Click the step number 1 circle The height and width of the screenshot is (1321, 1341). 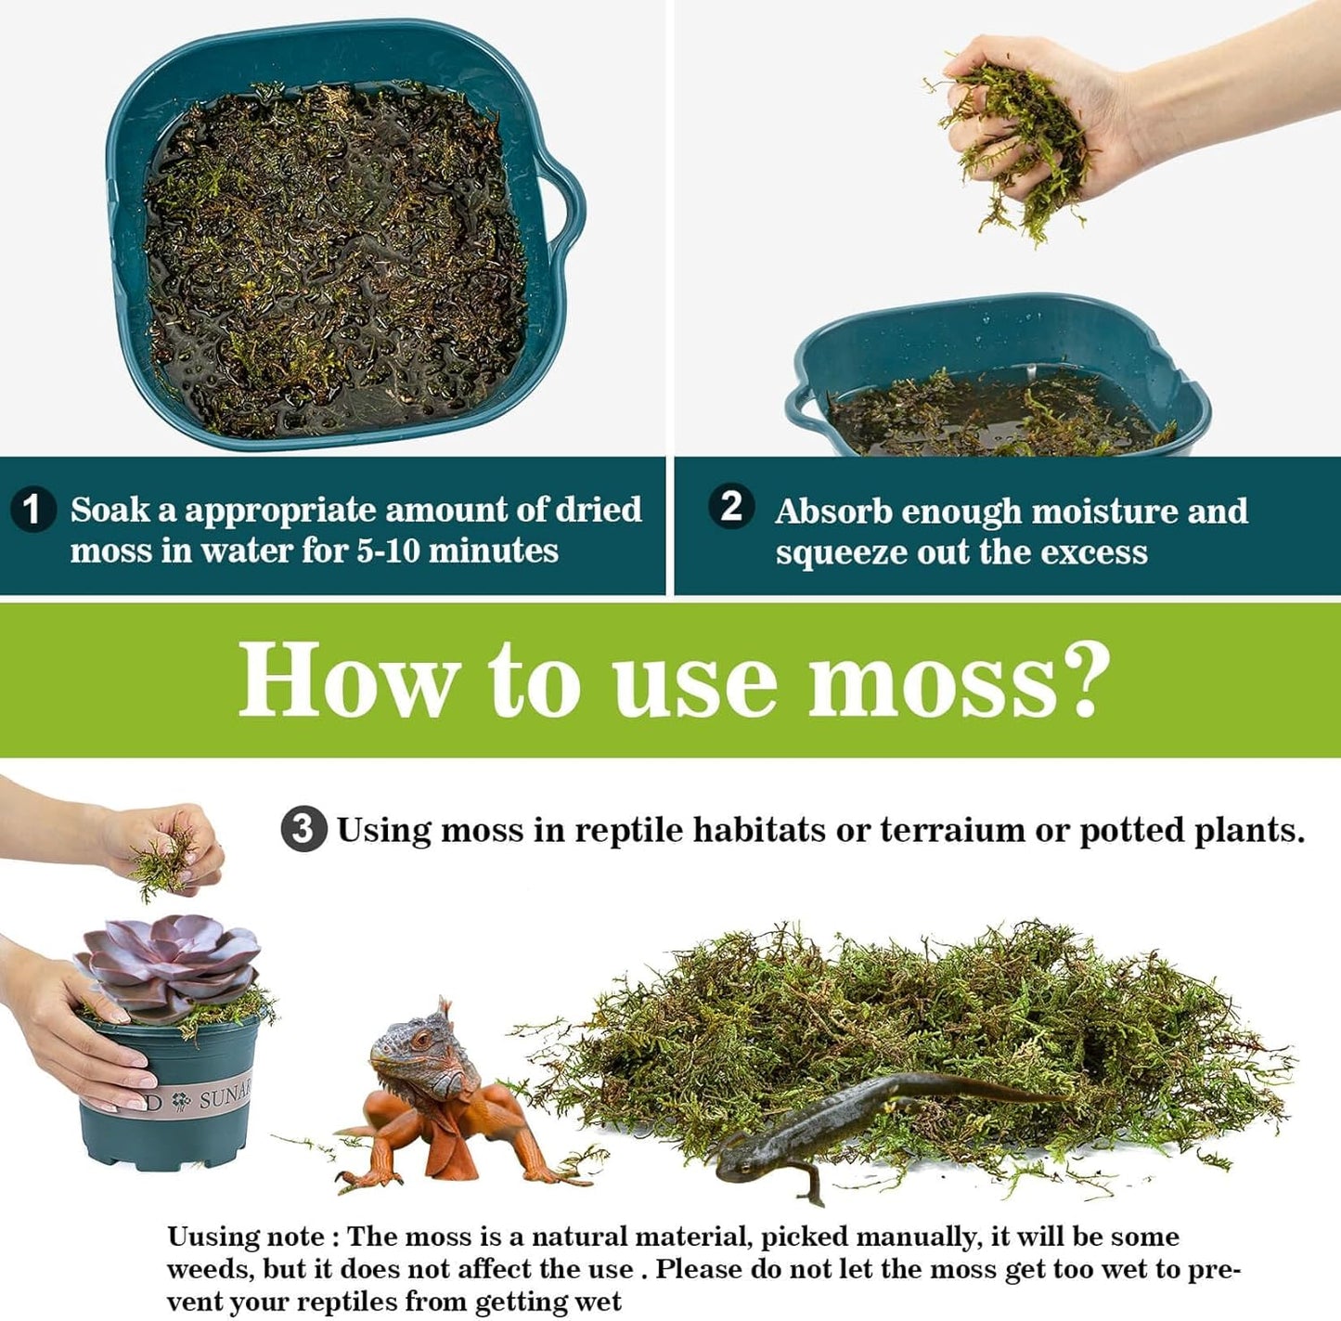pyautogui.click(x=32, y=510)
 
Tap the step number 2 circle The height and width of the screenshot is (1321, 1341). pyautogui.click(x=731, y=507)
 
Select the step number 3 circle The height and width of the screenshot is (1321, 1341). pyautogui.click(x=303, y=829)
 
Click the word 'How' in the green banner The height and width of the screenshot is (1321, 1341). pyautogui.click(x=348, y=680)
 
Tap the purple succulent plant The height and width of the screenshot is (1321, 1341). pyautogui.click(x=169, y=965)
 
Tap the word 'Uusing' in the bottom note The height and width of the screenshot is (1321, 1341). pyautogui.click(x=213, y=1237)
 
